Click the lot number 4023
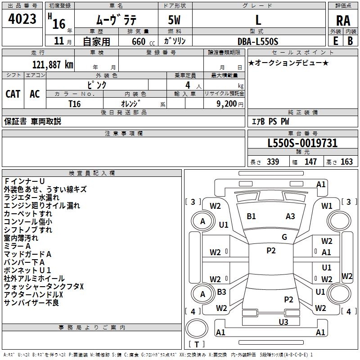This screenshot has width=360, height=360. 23,19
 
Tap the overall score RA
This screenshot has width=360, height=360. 343,21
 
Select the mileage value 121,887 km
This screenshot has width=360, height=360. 53,64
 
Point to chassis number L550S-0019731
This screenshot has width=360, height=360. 302,144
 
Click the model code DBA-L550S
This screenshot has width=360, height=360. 258,41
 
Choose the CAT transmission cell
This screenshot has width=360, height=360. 13,94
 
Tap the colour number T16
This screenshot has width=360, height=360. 75,103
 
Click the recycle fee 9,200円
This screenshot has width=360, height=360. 230,103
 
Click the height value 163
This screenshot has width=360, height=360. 346,162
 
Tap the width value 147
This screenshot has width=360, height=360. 310,162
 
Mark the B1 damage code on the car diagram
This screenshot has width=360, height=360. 251,216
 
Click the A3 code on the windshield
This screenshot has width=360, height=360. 290,216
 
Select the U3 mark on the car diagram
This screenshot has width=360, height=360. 283,321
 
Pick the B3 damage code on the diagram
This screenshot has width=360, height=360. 221,292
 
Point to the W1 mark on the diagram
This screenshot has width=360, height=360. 327,206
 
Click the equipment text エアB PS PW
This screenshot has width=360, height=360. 270,121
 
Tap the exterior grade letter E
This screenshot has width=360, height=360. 335,40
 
